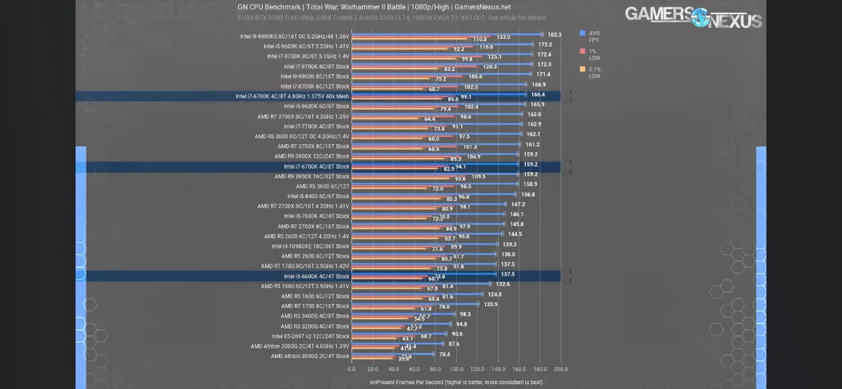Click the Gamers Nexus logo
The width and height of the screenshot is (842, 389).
tap(692, 16)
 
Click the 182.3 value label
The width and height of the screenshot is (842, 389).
tap(554, 35)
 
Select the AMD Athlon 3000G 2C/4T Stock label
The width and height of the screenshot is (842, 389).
tap(309, 356)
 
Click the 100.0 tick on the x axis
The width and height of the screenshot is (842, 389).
tap(456, 369)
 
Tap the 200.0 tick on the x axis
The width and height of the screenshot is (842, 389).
tap(561, 369)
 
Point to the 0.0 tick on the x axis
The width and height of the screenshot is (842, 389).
tap(351, 369)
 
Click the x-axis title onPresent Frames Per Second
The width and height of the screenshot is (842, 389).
tap(456, 382)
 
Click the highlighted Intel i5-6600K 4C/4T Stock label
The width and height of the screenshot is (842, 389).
tap(316, 276)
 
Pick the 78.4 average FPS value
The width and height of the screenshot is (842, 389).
tap(444, 354)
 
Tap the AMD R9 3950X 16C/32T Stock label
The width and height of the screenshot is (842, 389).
tap(311, 176)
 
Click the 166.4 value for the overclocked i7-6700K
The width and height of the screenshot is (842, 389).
tap(538, 94)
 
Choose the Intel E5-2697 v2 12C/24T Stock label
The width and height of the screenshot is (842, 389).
tap(310, 336)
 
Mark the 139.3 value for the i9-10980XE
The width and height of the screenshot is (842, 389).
tap(509, 244)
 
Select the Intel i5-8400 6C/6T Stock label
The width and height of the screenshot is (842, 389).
tap(318, 196)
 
